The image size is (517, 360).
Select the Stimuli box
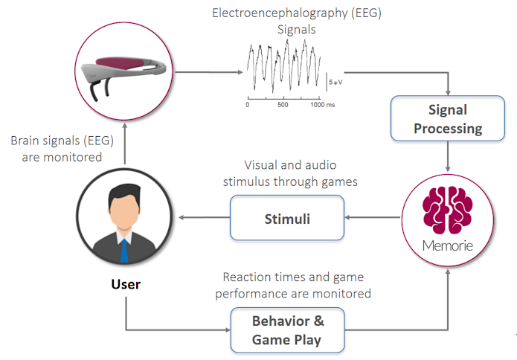287,218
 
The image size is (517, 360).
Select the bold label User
125,284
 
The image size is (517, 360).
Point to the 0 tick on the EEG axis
248,105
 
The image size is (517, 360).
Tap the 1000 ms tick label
322,105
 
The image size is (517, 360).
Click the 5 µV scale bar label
335,82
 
